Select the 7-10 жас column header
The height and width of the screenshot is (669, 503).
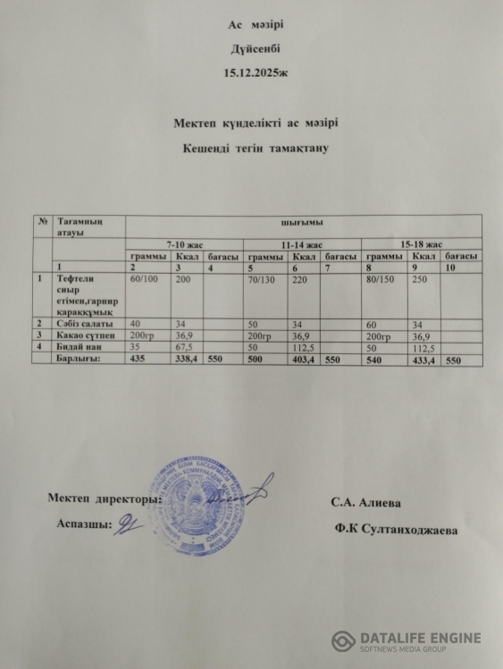click(185, 244)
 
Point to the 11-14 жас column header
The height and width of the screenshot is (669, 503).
click(301, 244)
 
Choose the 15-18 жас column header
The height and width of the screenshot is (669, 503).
click(421, 244)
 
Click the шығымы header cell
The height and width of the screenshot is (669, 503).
click(302, 221)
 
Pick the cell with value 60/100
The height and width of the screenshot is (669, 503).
click(146, 279)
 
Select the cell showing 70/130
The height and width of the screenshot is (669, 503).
click(262, 279)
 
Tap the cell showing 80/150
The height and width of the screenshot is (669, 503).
click(381, 279)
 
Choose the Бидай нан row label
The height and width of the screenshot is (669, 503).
click(79, 346)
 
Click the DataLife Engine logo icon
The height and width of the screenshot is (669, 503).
click(344, 641)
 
